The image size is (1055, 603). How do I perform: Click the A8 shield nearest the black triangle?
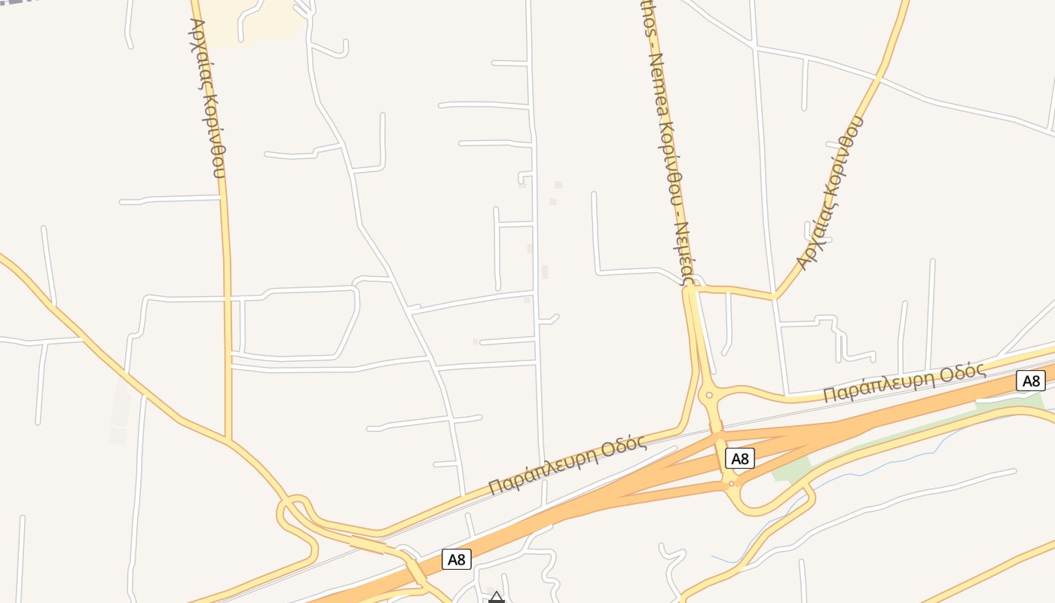[x=457, y=559]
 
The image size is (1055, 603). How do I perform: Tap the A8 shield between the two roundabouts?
[x=739, y=458]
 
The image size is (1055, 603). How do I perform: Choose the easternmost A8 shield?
[x=1030, y=381]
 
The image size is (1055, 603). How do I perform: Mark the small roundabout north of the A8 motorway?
[x=708, y=395]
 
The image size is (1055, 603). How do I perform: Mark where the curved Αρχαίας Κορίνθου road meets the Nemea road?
[x=692, y=287]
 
